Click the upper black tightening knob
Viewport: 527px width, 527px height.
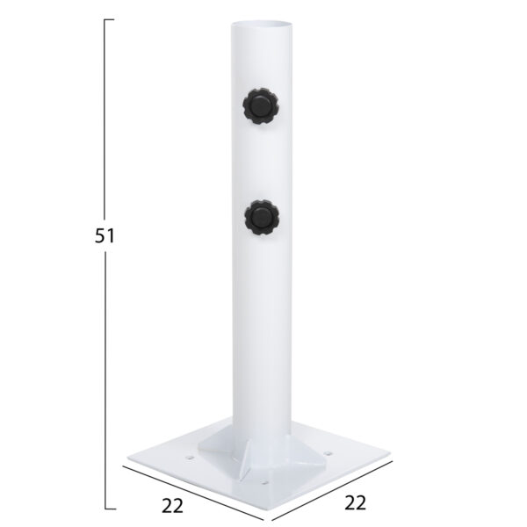pyautogui.click(x=261, y=106)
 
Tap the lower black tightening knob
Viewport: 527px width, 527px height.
pyautogui.click(x=262, y=217)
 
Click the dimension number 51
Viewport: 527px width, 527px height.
pyautogui.click(x=105, y=235)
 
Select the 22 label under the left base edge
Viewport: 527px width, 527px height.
pyautogui.click(x=172, y=506)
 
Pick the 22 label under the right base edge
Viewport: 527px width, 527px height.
pyautogui.click(x=355, y=503)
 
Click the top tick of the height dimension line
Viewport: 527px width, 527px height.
pyautogui.click(x=109, y=19)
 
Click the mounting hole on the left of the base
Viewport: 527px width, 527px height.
pyautogui.click(x=190, y=458)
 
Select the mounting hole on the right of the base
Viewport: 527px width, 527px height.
pyautogui.click(x=328, y=454)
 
